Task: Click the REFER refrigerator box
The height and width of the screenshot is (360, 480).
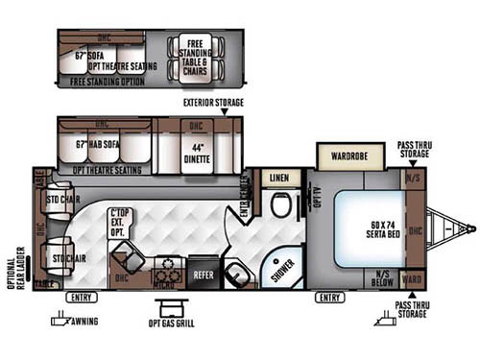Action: tap(204, 272)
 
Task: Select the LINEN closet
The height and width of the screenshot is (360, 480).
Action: tap(279, 179)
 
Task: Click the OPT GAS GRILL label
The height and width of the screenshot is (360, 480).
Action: tap(173, 324)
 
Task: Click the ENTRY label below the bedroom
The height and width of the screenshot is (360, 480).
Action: tap(329, 298)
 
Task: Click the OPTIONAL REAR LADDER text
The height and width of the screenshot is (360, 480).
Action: tap(13, 272)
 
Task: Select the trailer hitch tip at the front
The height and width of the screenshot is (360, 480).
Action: tap(471, 228)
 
